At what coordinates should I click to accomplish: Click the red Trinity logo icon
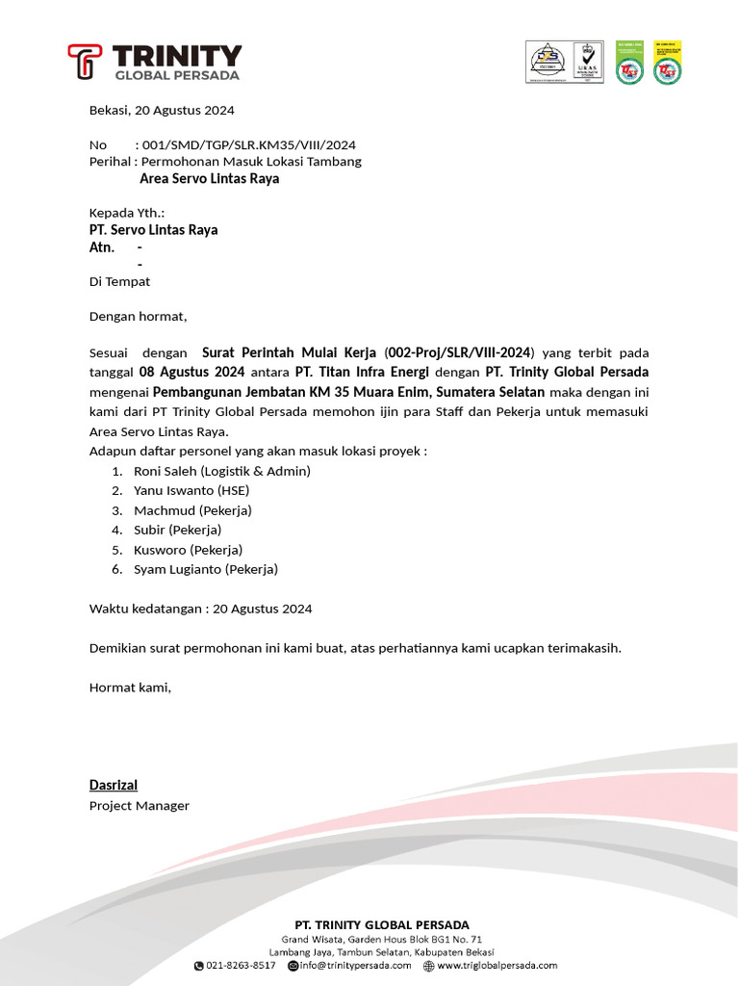tap(85, 62)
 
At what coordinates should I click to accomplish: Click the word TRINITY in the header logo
tap(177, 55)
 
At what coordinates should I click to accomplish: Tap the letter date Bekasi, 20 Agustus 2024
tap(162, 110)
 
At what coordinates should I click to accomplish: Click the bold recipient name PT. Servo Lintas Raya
tap(153, 229)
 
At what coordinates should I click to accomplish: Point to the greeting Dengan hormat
tap(138, 316)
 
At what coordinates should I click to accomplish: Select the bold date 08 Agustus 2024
tap(191, 372)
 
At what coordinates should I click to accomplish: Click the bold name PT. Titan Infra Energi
tap(363, 372)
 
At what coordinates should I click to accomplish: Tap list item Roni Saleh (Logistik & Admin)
tap(221, 471)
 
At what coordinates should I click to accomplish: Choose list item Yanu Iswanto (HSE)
tap(191, 490)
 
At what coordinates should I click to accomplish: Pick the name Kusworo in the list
tap(160, 550)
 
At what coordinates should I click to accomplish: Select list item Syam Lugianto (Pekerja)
tap(205, 569)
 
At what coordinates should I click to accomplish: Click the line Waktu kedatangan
tap(200, 609)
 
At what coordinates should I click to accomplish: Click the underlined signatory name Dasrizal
tap(114, 785)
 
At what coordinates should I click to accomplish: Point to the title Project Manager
tap(140, 805)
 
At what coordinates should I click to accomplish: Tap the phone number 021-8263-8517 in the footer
tap(241, 965)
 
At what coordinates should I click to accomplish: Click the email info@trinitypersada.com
tap(355, 965)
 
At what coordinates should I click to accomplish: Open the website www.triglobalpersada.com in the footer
tap(497, 965)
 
